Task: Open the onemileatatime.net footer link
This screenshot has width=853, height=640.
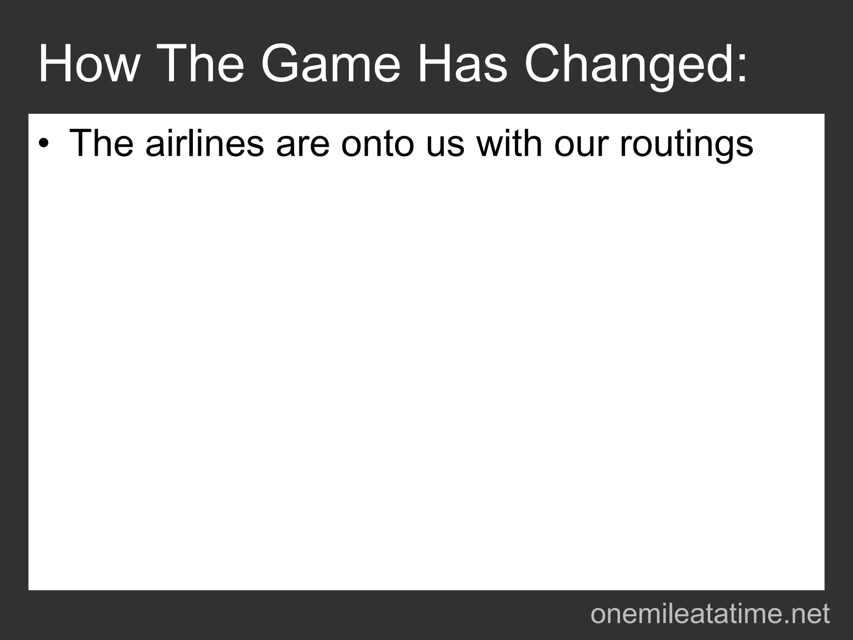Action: point(710,613)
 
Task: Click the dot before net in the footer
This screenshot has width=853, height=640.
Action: point(778,621)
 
